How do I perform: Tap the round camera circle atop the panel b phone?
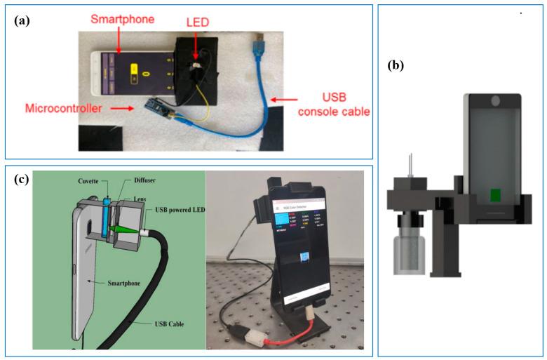(496, 100)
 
